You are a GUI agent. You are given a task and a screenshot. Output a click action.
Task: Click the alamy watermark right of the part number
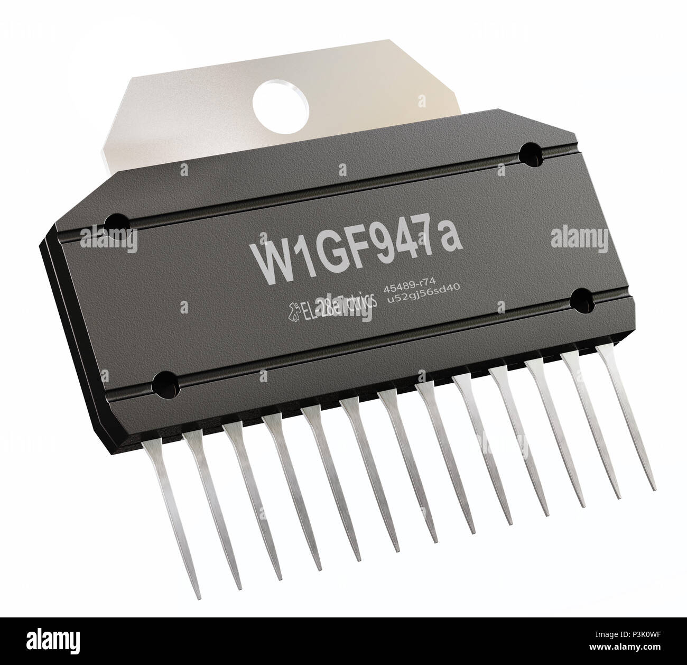pyautogui.click(x=562, y=236)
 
